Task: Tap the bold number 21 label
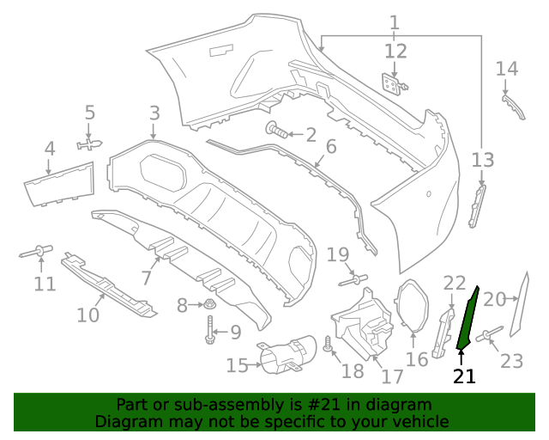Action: pos(464,376)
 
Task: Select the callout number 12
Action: pos(395,51)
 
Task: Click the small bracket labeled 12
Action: pos(392,84)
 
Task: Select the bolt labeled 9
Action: pos(210,332)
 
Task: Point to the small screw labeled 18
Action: pos(328,345)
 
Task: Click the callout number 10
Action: pos(88,315)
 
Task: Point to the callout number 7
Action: pos(147,278)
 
